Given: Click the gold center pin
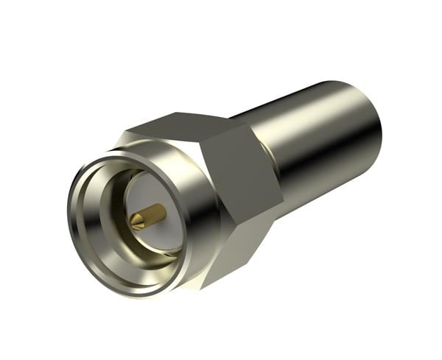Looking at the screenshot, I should tap(147, 215).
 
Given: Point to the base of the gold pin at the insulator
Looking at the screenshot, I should tap(160, 211).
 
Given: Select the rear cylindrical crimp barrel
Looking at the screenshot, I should tap(324, 147).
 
